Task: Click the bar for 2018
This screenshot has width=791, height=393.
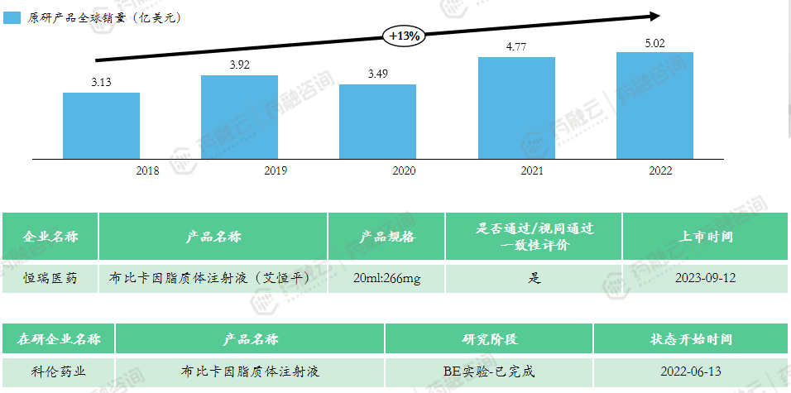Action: pos(101,125)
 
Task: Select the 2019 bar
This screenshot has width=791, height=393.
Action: pos(240,116)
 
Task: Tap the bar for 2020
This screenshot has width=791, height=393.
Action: pos(378,121)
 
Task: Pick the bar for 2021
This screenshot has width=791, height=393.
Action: pos(517,108)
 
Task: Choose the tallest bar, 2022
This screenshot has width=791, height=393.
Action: pos(655,105)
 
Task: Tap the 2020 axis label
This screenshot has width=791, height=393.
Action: pos(403,170)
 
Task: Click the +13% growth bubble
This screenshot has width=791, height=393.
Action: pos(405,36)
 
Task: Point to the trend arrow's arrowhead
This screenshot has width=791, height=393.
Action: pos(654,15)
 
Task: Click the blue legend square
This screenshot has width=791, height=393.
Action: pos(12,17)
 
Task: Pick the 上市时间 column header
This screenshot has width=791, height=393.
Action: pos(705,237)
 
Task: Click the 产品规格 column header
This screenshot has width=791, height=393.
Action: pos(386,237)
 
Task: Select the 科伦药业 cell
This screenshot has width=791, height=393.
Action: pos(58,371)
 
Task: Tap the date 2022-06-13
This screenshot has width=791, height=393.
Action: pos(691,371)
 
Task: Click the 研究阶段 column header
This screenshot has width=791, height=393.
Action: pos(488,339)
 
